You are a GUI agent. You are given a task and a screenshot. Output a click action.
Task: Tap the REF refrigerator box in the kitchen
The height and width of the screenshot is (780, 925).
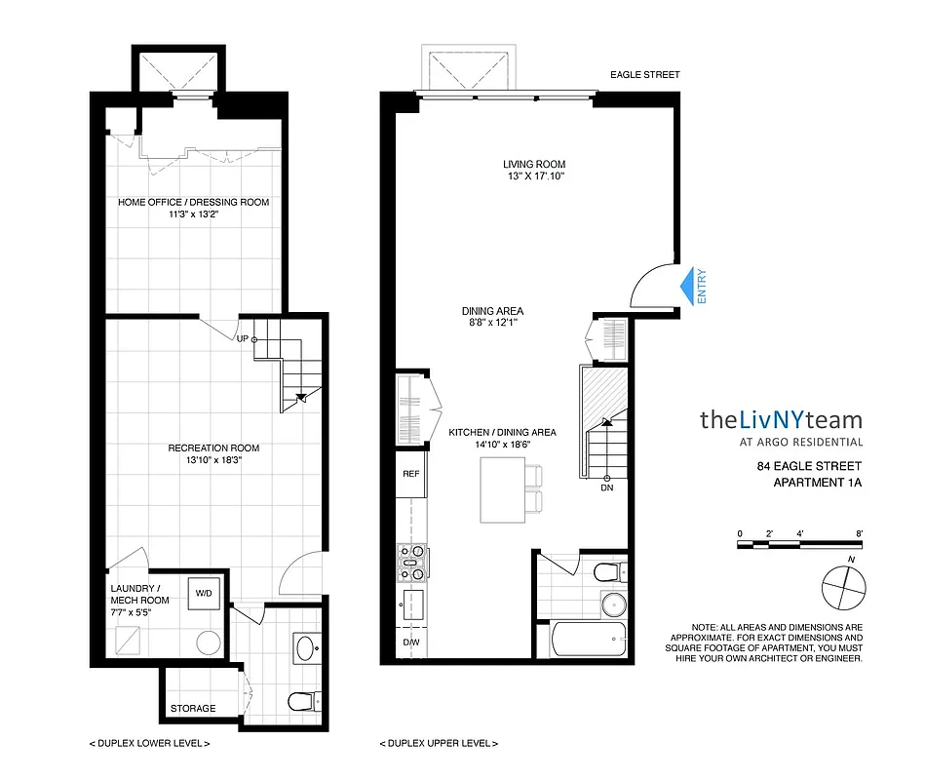tap(410, 475)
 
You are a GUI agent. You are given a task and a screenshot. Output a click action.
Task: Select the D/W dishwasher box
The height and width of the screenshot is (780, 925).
tap(410, 643)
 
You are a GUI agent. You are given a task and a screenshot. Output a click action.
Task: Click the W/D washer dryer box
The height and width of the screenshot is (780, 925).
tap(205, 592)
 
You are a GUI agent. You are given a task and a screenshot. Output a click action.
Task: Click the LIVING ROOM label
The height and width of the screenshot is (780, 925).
tap(534, 164)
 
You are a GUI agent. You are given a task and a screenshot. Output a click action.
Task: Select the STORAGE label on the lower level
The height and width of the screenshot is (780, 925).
tap(192, 708)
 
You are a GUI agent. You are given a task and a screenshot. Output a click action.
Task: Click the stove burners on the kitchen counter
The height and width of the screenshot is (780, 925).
tap(412, 565)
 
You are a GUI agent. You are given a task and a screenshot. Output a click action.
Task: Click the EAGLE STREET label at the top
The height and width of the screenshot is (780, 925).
tap(644, 74)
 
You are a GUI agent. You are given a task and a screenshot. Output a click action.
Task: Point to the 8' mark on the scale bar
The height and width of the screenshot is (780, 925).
tap(859, 533)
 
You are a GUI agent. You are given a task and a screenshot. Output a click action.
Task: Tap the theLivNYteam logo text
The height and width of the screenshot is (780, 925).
tap(781, 420)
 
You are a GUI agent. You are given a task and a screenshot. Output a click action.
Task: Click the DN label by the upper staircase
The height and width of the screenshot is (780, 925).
tap(606, 487)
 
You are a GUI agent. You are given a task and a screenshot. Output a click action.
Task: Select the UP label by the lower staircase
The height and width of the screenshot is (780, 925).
tap(242, 338)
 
